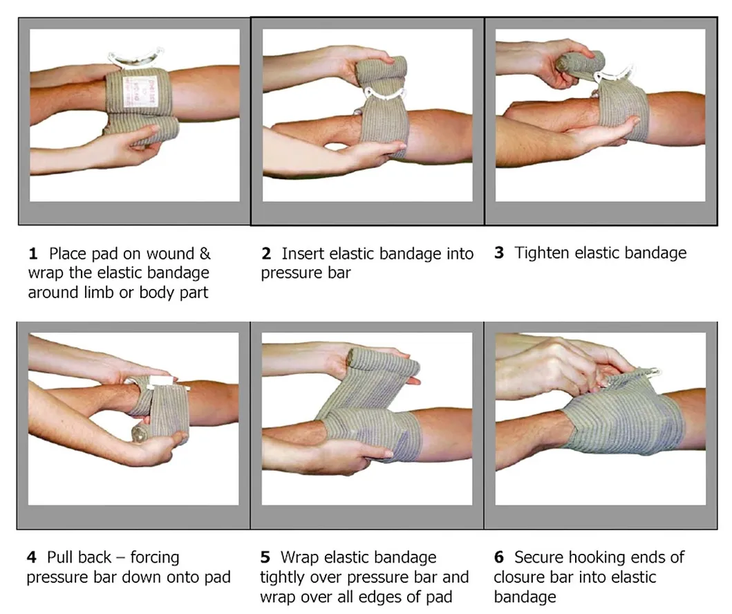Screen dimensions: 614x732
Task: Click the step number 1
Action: [x=32, y=254]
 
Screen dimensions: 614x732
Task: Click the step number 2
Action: [x=266, y=254]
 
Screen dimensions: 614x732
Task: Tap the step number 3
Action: [x=499, y=252]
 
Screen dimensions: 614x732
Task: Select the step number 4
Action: [x=32, y=557]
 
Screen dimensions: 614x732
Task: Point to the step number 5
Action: [x=266, y=557]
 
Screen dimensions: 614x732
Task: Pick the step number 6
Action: [x=499, y=557]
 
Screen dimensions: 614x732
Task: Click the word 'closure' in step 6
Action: [x=523, y=577]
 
